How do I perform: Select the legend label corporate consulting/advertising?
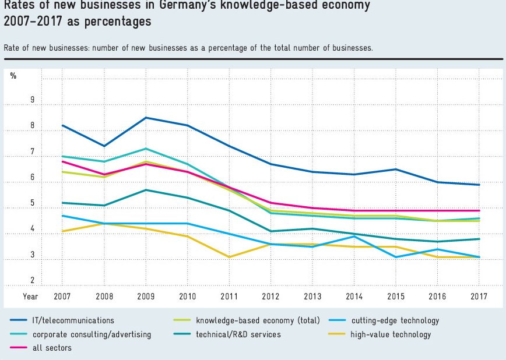coord(92,334)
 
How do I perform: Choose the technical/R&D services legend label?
coord(238,334)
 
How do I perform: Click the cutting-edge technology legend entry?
coord(395,320)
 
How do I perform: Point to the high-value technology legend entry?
coord(391,334)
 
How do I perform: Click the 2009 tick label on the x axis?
coord(145,297)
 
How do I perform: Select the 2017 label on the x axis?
coord(479,297)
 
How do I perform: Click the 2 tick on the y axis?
coord(33,281)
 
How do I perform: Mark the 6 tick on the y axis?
coord(33,178)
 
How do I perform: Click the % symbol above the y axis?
coord(13,76)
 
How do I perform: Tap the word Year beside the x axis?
coord(30,297)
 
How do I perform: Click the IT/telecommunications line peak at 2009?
coord(145,118)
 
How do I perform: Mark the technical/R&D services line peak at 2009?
coord(145,190)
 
